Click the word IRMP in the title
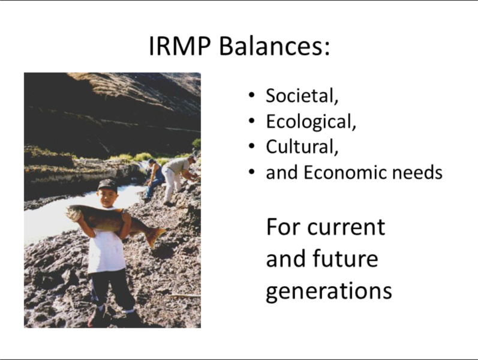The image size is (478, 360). click(x=179, y=46)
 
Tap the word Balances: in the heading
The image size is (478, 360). click(x=274, y=46)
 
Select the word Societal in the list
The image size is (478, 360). click(x=302, y=95)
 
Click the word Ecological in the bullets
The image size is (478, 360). click(x=311, y=121)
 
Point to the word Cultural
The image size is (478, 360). click(x=302, y=147)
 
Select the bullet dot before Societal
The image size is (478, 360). click(x=251, y=95)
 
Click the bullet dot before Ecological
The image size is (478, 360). click(x=251, y=121)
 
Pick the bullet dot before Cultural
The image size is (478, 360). click(x=251, y=146)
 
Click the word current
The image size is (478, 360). click(x=346, y=227)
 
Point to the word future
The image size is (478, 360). click(x=345, y=259)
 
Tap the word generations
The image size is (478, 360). click(x=329, y=292)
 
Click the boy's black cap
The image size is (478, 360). click(x=107, y=185)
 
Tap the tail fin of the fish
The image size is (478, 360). click(x=155, y=236)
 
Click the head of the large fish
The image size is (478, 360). click(x=74, y=212)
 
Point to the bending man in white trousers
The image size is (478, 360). click(x=178, y=179)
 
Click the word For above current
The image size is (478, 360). click(x=284, y=227)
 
